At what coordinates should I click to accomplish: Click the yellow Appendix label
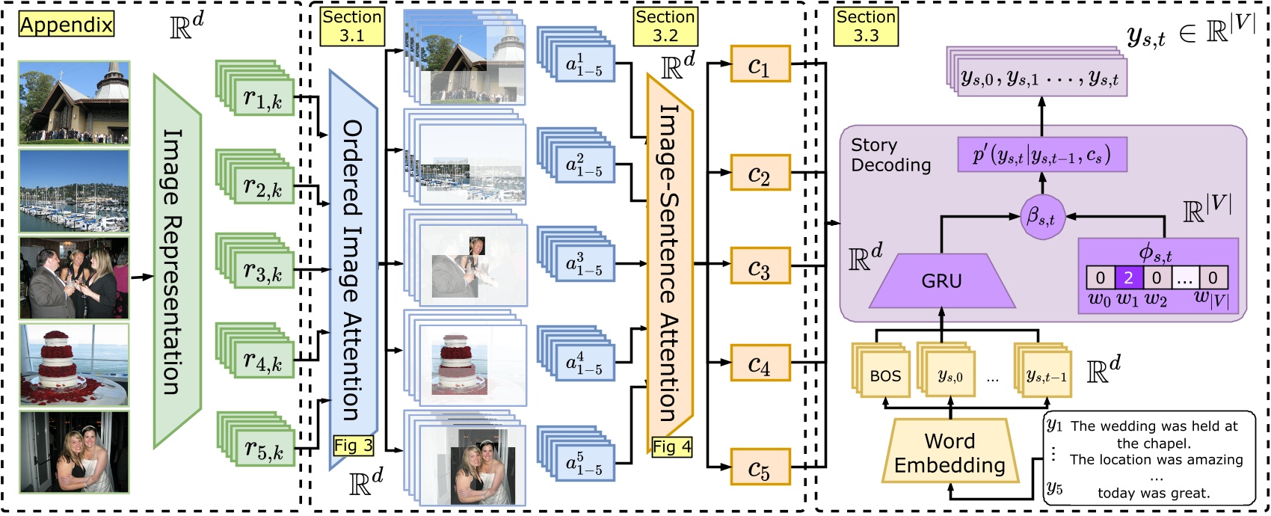click(x=67, y=25)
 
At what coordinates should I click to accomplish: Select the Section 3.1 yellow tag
click(x=351, y=26)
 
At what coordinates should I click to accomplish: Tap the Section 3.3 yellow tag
click(x=866, y=26)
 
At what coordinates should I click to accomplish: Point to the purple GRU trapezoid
click(x=941, y=281)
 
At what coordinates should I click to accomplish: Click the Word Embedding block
click(x=950, y=453)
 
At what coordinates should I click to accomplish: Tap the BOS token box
click(x=885, y=376)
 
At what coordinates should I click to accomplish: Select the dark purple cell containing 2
click(x=1128, y=278)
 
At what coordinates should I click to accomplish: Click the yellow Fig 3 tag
click(x=353, y=446)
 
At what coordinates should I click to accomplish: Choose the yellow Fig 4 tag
click(x=671, y=447)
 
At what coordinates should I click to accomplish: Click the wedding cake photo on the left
click(x=73, y=364)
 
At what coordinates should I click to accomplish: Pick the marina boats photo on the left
click(x=73, y=191)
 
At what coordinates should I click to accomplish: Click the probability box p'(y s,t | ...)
click(x=1041, y=155)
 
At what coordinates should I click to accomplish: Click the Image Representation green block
click(x=177, y=261)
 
